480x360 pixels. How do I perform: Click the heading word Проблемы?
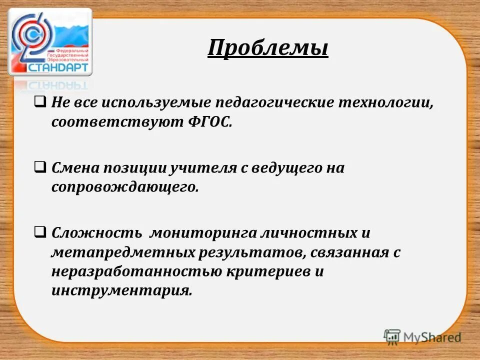click(267, 48)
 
